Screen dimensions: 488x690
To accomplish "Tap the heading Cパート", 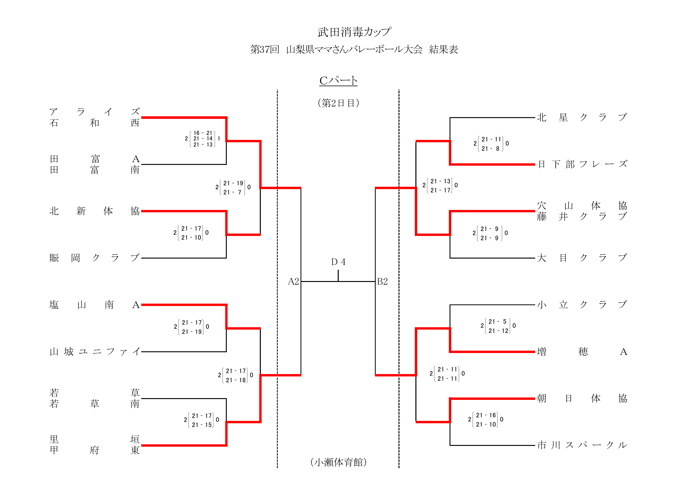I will [x=338, y=81].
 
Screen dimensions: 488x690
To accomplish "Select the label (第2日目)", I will [x=338, y=103].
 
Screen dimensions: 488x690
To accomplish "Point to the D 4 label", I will [x=338, y=262].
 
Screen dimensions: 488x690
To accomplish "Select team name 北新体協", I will [x=94, y=211].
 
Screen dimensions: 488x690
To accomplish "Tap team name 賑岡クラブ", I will [x=94, y=258].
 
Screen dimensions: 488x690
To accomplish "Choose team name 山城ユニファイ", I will [x=94, y=351].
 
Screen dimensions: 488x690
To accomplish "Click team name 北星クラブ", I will [x=582, y=117].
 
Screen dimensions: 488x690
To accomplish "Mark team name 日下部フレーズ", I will [x=582, y=164].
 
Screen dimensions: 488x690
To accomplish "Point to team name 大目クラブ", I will [x=582, y=258].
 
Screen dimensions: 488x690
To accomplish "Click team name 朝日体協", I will [x=582, y=398].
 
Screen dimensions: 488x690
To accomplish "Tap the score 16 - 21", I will [x=203, y=133].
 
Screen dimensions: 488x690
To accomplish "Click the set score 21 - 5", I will [x=498, y=321].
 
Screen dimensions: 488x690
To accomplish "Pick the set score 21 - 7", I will [x=232, y=192].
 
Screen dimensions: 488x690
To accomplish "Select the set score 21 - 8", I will [x=490, y=149].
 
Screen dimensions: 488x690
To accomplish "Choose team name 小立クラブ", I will [x=582, y=305].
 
